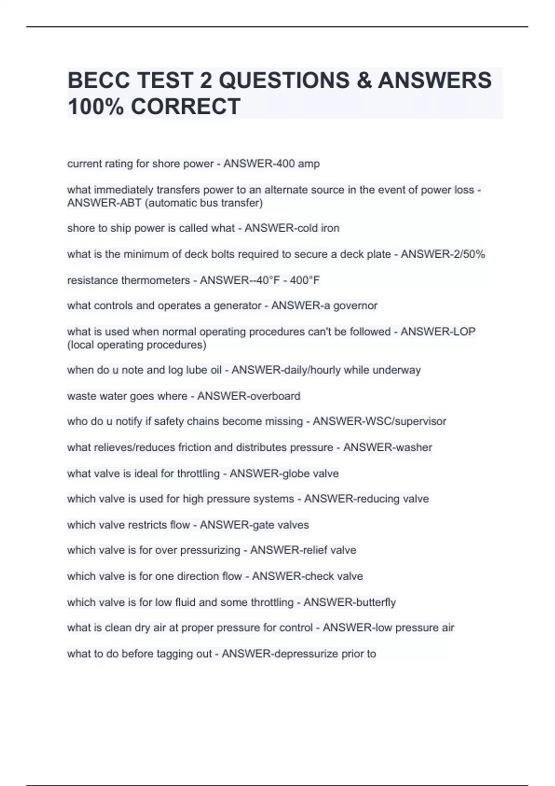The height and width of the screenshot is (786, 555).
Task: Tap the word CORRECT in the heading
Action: pyautogui.click(x=185, y=106)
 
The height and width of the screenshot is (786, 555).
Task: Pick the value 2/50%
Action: pyautogui.click(x=467, y=254)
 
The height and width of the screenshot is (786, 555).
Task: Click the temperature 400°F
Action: pyautogui.click(x=305, y=280)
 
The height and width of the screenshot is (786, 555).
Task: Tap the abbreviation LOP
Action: pyautogui.click(x=464, y=332)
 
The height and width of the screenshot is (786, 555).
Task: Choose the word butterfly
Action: pyautogui.click(x=376, y=602)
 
